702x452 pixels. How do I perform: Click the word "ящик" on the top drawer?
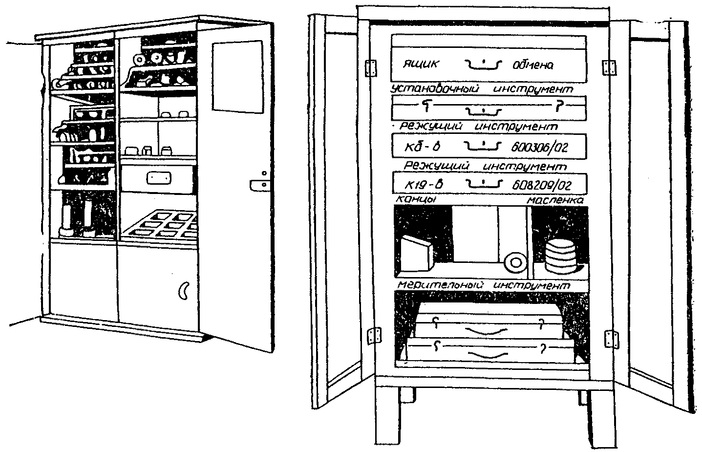(421, 64)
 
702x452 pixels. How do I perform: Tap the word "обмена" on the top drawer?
(532, 65)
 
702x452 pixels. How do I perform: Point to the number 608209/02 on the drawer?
(541, 185)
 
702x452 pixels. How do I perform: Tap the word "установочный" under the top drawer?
(435, 89)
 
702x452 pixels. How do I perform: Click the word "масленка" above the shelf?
(555, 200)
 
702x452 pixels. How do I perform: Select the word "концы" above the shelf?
(415, 199)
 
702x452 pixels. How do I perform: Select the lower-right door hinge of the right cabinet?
(610, 338)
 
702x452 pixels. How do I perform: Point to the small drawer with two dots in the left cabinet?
(158, 178)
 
